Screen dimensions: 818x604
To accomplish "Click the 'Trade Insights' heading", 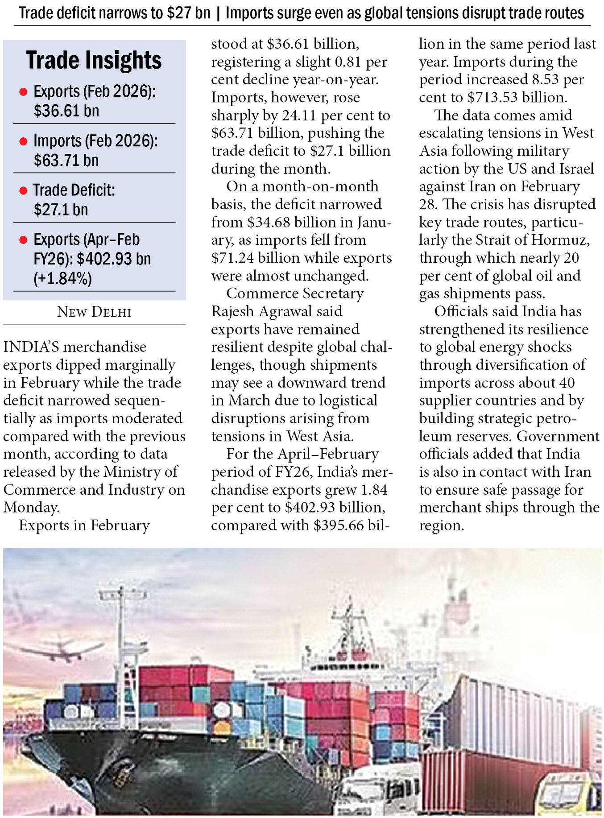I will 94,60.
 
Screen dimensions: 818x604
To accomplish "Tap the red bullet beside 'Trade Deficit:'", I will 23,191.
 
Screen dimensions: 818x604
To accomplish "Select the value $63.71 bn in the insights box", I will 66,160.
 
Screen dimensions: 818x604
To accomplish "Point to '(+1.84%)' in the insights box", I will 62,279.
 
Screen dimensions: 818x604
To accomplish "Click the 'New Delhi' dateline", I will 94,312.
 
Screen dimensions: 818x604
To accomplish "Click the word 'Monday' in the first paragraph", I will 30,508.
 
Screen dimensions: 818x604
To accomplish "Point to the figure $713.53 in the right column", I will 491,97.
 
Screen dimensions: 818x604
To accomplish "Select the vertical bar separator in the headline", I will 218,13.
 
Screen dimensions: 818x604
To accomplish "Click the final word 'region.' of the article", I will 441,525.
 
